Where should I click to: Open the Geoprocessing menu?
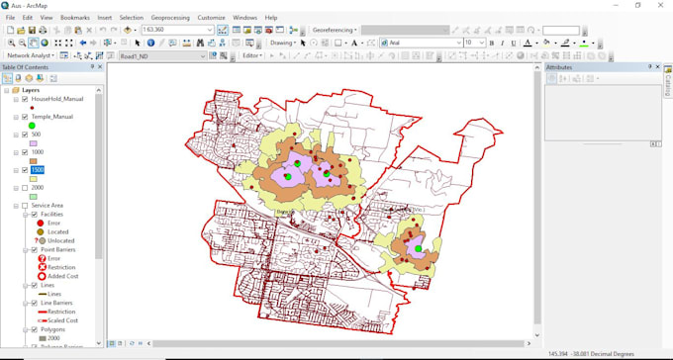[170, 18]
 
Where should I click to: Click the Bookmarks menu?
[74, 18]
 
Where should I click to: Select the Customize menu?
[211, 18]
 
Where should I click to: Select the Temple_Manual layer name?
[54, 117]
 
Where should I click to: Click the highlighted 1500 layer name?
[37, 170]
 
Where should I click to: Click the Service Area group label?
[48, 205]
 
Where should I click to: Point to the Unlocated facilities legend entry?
[60, 240]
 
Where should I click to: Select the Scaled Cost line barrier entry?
[63, 319]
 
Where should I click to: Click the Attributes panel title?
[559, 67]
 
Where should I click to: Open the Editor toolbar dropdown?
[253, 55]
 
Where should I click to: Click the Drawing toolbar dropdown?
[284, 44]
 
